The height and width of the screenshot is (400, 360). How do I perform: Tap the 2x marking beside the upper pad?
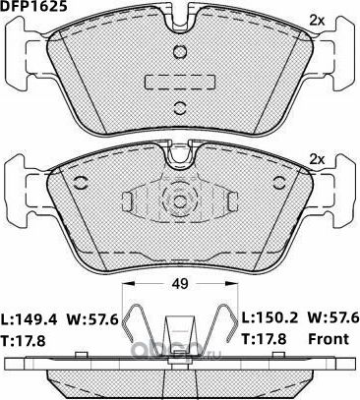pos(317,20)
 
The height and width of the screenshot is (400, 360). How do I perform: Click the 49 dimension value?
pos(179,285)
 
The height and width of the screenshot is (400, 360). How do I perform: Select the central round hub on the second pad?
pos(179,203)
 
